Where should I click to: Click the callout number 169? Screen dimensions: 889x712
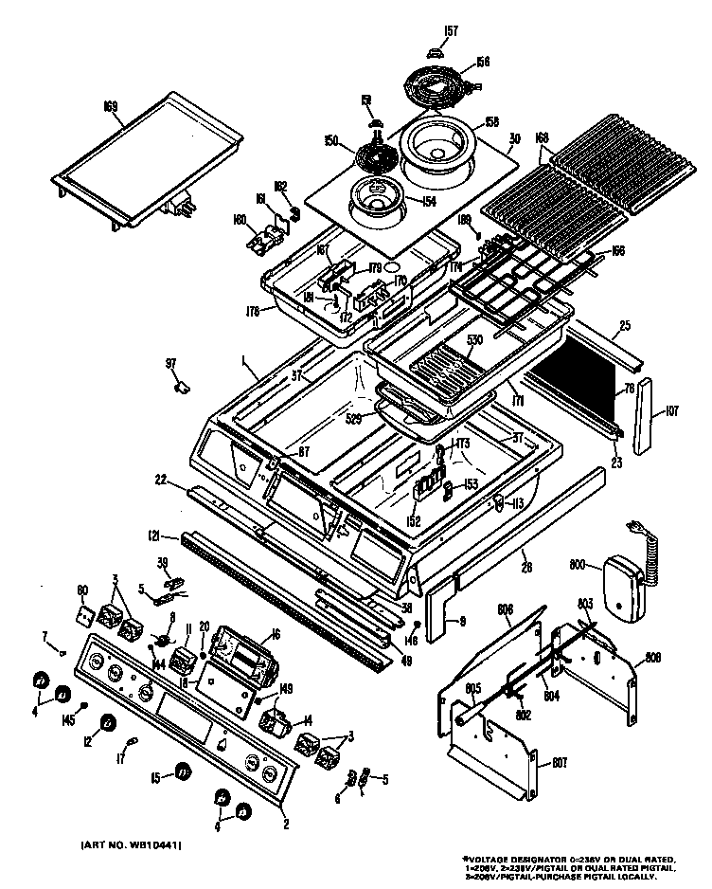[110, 106]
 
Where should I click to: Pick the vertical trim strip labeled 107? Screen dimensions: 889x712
[646, 418]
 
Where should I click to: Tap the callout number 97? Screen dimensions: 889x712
[170, 363]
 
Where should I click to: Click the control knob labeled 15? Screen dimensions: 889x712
[182, 773]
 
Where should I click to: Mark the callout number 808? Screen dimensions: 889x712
[653, 657]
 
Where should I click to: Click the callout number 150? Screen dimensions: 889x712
[331, 141]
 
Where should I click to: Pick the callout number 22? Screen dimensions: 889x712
[162, 479]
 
